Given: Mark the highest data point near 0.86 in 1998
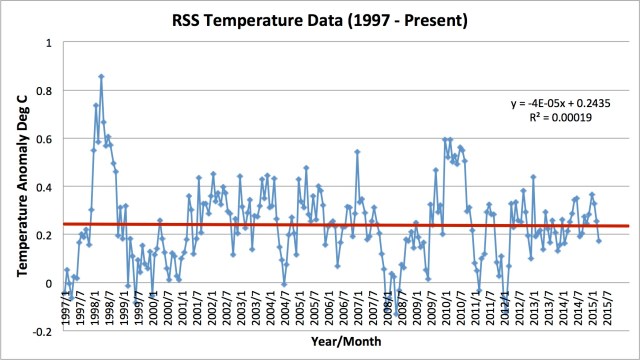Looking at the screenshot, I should [101, 76].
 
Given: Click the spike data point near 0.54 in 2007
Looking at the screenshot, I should [356, 152].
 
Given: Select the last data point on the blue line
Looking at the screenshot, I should [599, 240].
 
